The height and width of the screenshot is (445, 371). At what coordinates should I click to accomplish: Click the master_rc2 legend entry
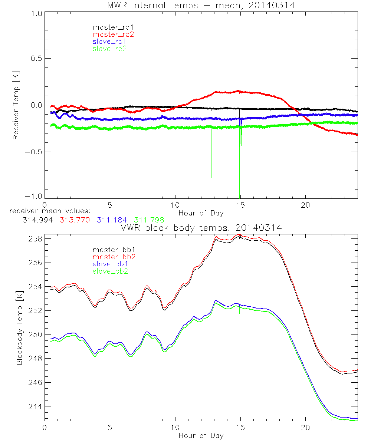point(113,34)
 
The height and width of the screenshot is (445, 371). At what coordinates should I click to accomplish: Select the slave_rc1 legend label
point(109,42)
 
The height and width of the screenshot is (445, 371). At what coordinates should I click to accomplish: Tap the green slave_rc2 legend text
point(109,49)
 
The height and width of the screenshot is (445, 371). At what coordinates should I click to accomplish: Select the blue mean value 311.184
point(112,220)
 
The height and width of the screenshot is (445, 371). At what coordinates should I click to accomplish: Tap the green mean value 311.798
point(150,220)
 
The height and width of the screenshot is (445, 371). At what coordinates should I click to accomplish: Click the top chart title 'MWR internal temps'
point(201,5)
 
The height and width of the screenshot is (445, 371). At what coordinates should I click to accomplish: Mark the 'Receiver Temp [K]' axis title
point(16,105)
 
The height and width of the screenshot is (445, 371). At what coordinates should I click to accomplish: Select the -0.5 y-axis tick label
point(34,152)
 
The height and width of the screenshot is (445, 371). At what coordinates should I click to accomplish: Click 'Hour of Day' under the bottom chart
point(201,435)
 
